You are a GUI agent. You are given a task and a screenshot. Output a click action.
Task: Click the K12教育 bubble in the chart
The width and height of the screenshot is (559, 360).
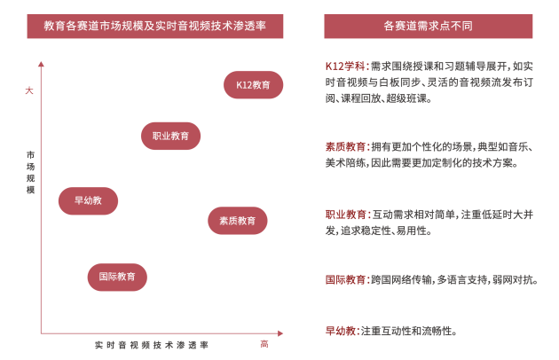(x=253, y=85)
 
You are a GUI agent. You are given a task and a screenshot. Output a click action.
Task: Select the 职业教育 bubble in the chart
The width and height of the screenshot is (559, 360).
(x=170, y=136)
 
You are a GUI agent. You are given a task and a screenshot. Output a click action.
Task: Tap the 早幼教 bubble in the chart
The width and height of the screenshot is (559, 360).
(x=88, y=200)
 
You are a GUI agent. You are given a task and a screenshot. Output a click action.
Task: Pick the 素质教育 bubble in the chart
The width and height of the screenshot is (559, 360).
(x=238, y=221)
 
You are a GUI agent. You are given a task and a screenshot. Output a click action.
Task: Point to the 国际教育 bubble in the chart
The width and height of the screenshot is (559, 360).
(x=117, y=277)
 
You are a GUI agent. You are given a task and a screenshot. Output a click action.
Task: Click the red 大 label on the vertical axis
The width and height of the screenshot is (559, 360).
(x=29, y=90)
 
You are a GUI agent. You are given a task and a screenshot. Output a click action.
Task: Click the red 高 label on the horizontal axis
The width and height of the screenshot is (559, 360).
(x=264, y=344)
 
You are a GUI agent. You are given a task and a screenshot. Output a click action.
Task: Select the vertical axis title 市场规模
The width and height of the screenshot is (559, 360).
(x=31, y=172)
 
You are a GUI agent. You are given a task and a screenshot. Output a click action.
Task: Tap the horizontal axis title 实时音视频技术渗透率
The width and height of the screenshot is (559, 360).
(x=152, y=345)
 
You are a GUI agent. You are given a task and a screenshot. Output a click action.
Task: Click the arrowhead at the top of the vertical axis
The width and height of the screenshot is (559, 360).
(x=41, y=64)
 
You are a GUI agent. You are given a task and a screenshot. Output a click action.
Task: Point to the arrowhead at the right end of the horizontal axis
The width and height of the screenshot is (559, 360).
(x=280, y=333)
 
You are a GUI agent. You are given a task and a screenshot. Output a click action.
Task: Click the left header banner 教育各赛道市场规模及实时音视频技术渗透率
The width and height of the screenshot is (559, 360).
(x=155, y=26)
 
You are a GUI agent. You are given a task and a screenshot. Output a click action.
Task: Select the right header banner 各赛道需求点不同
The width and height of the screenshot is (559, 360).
(x=429, y=26)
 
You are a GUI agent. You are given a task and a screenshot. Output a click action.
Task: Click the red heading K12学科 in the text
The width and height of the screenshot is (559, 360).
(x=345, y=66)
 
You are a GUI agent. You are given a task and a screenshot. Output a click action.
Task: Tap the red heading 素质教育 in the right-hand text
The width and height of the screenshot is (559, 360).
(x=345, y=146)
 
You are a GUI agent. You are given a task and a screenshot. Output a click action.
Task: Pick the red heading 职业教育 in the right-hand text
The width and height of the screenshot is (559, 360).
(x=345, y=215)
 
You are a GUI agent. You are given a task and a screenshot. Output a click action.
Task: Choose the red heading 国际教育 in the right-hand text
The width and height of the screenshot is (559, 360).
(x=345, y=279)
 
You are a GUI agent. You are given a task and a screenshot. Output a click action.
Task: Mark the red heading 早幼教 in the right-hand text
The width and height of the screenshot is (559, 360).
(x=341, y=331)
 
